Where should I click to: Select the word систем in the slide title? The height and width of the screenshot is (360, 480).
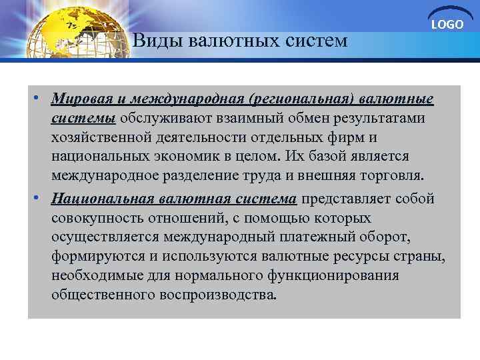[x=319, y=41]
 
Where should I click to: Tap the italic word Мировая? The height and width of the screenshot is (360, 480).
[x=79, y=99]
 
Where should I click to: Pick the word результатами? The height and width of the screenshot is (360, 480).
[x=387, y=119]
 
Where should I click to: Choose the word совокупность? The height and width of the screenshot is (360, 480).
[x=96, y=218]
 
